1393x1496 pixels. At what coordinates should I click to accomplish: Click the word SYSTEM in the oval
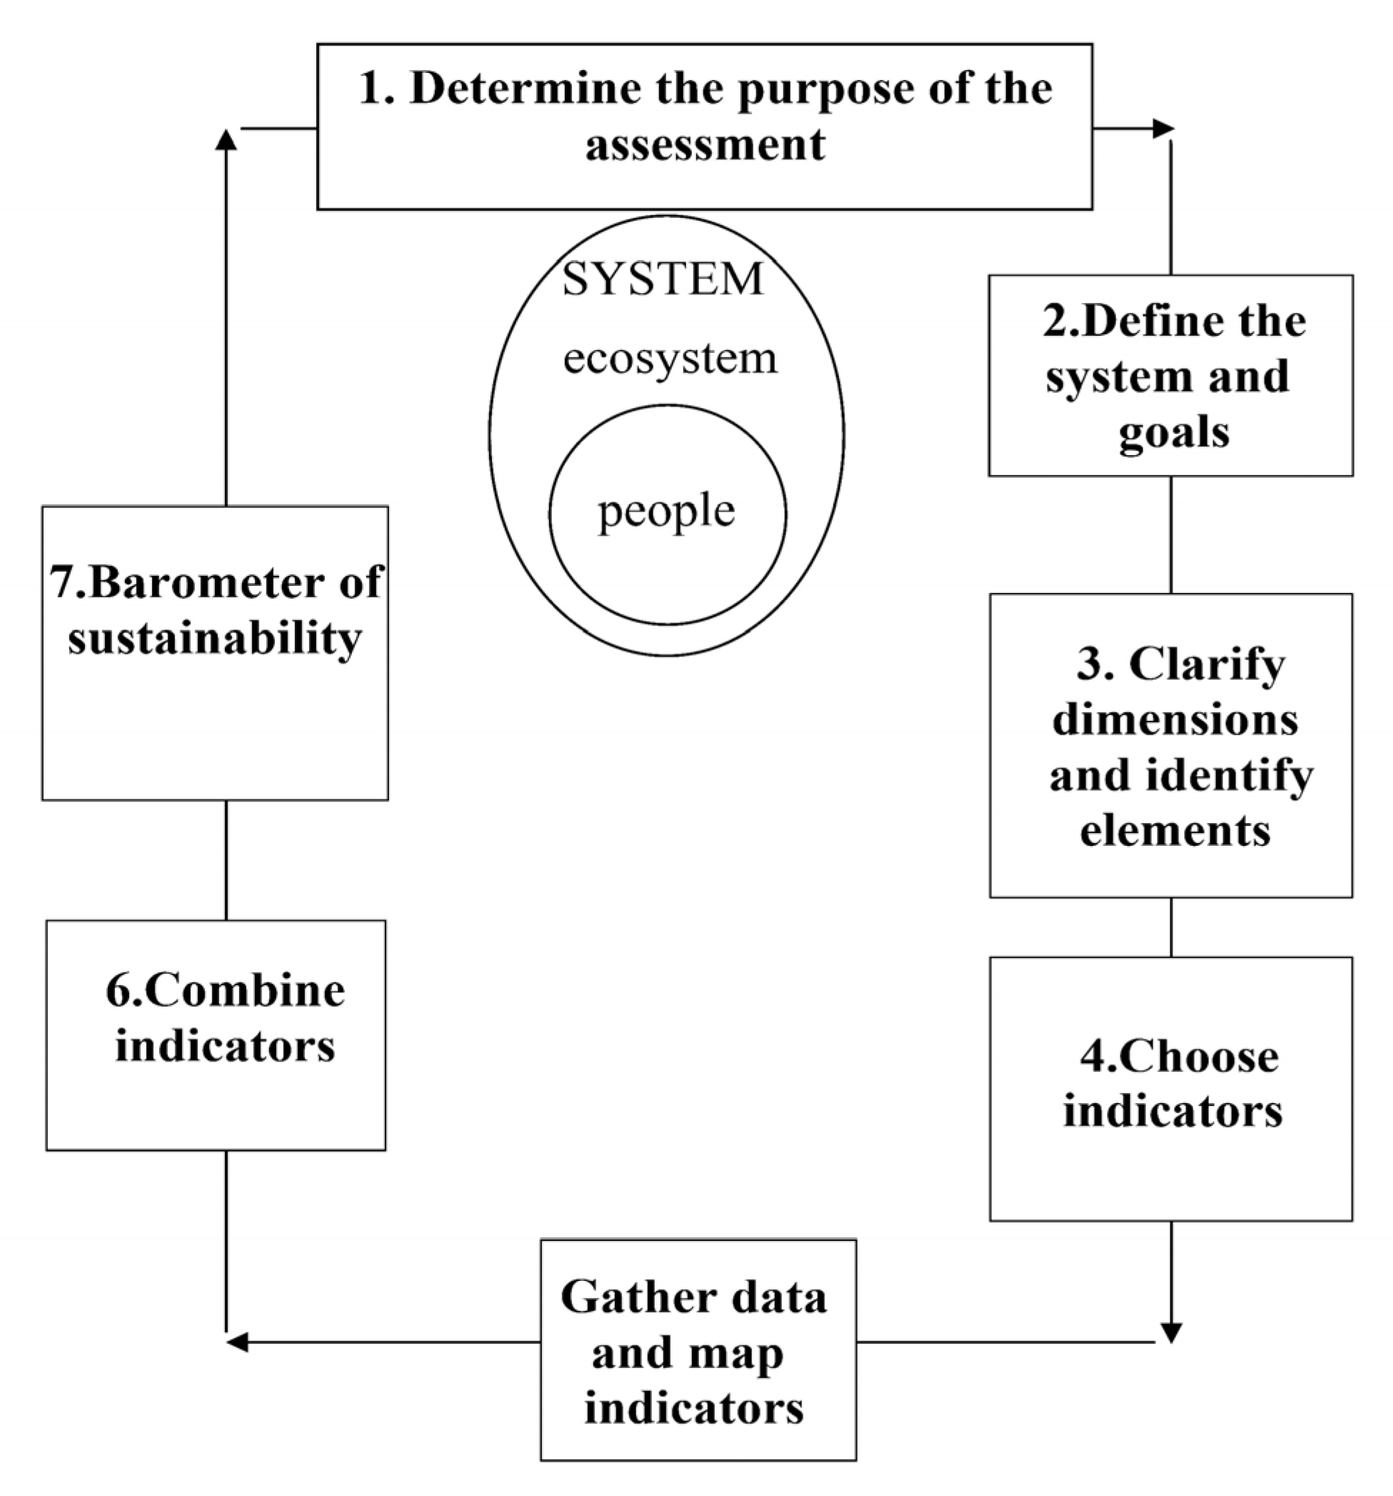point(663,279)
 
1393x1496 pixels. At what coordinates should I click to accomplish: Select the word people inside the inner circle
point(665,512)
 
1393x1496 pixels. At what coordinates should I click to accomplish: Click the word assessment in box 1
point(705,144)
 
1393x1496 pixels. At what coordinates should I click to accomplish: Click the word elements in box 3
point(1175,831)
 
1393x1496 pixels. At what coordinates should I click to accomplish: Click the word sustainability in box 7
point(215,639)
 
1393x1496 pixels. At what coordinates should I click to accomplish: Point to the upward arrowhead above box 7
point(226,140)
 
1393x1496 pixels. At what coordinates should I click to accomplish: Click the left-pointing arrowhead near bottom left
point(237,1342)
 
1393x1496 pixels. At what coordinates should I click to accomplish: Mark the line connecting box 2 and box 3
point(1170,534)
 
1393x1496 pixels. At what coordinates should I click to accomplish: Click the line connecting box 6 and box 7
point(226,859)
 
